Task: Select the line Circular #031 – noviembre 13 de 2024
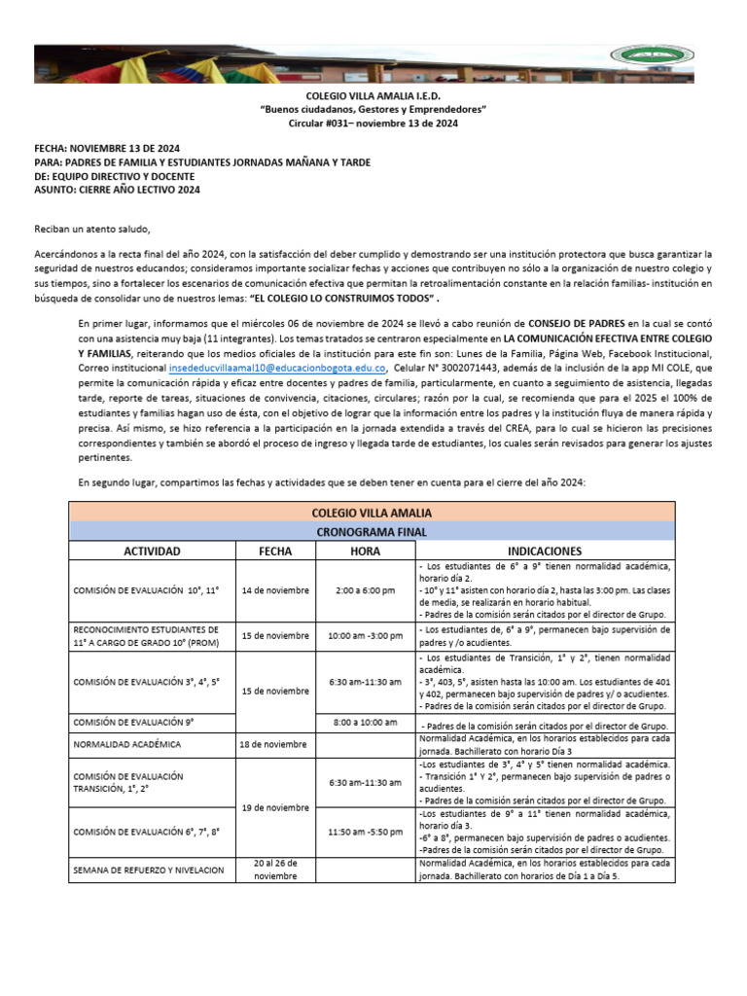pyautogui.click(x=373, y=124)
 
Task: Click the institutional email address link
pyautogui.click(x=278, y=370)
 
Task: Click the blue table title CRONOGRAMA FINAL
pyautogui.click(x=372, y=531)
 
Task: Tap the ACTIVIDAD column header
pyautogui.click(x=152, y=551)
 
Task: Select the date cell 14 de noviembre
pyautogui.click(x=275, y=590)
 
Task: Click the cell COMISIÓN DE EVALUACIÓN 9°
pyautogui.click(x=134, y=722)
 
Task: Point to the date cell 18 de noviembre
pyautogui.click(x=275, y=744)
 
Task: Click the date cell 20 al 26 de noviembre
pyautogui.click(x=275, y=869)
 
